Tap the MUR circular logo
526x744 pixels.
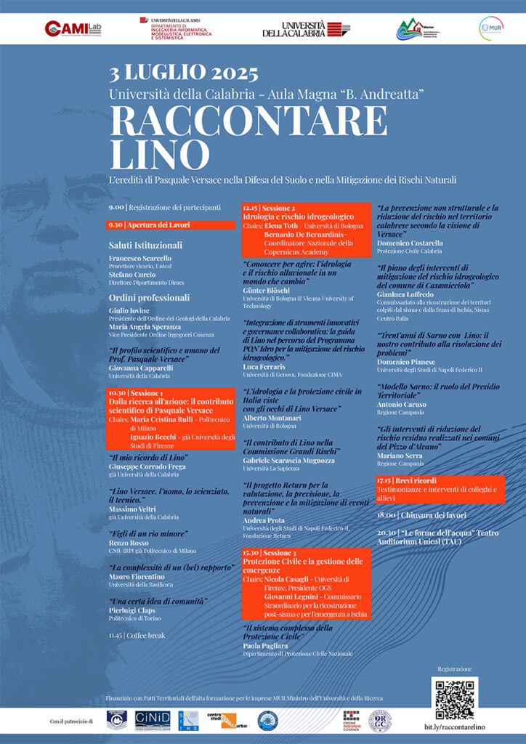pyautogui.click(x=491, y=28)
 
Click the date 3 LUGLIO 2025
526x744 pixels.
pyautogui.click(x=184, y=73)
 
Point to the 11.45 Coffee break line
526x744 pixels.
pyautogui.click(x=137, y=635)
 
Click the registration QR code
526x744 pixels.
pyautogui.click(x=454, y=698)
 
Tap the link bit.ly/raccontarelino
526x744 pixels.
pyautogui.click(x=454, y=728)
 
